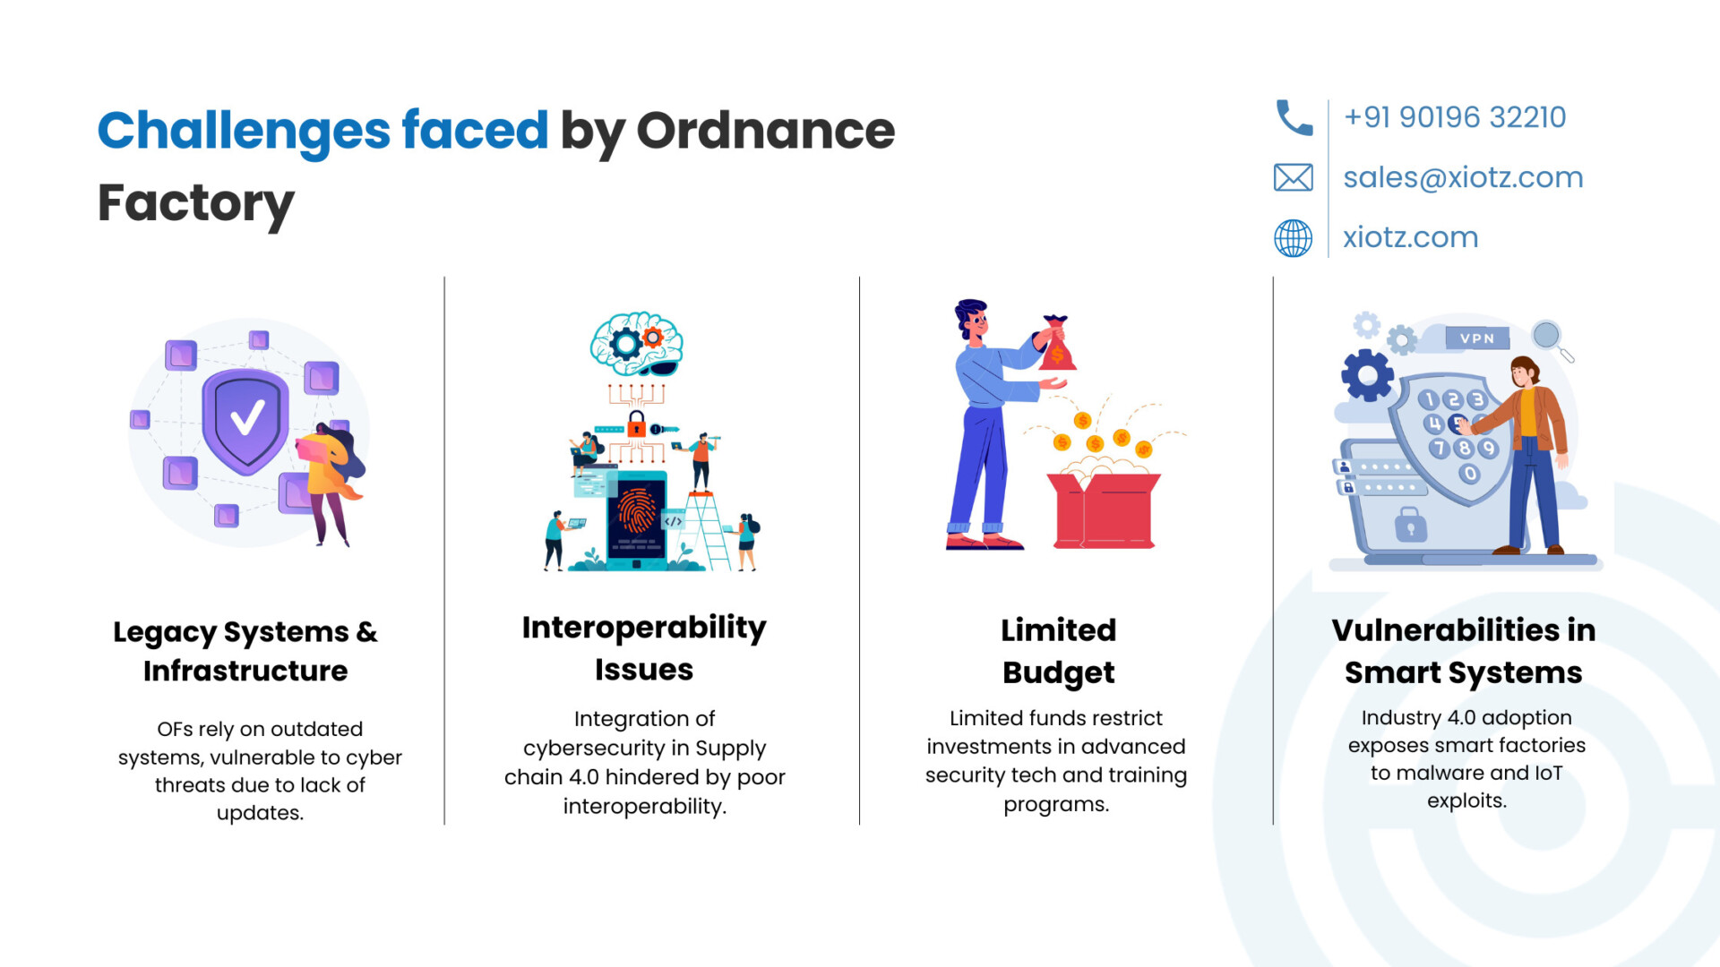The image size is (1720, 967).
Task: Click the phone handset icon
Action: pos(1294,117)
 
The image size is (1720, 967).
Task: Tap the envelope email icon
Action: pos(1294,177)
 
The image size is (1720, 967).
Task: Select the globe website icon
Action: pos(1294,238)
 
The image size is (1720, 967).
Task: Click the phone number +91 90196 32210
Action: pos(1455,117)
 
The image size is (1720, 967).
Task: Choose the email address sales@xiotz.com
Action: pos(1463,177)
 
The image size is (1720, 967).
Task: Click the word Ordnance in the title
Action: pos(765,131)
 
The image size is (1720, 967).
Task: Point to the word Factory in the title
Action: pos(195,204)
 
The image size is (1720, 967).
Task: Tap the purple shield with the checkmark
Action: pos(245,419)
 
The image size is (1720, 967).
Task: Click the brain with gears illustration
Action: pos(637,344)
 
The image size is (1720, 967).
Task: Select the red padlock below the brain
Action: pos(637,424)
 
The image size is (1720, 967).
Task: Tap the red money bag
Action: pos(1057,344)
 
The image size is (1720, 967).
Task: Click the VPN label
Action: pos(1477,338)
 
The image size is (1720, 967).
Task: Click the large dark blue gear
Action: pos(1367,375)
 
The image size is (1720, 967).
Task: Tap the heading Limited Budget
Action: pos(1058,651)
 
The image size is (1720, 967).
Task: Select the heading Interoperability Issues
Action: pos(644,647)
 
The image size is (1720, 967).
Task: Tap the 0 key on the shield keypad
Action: pos(1469,474)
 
